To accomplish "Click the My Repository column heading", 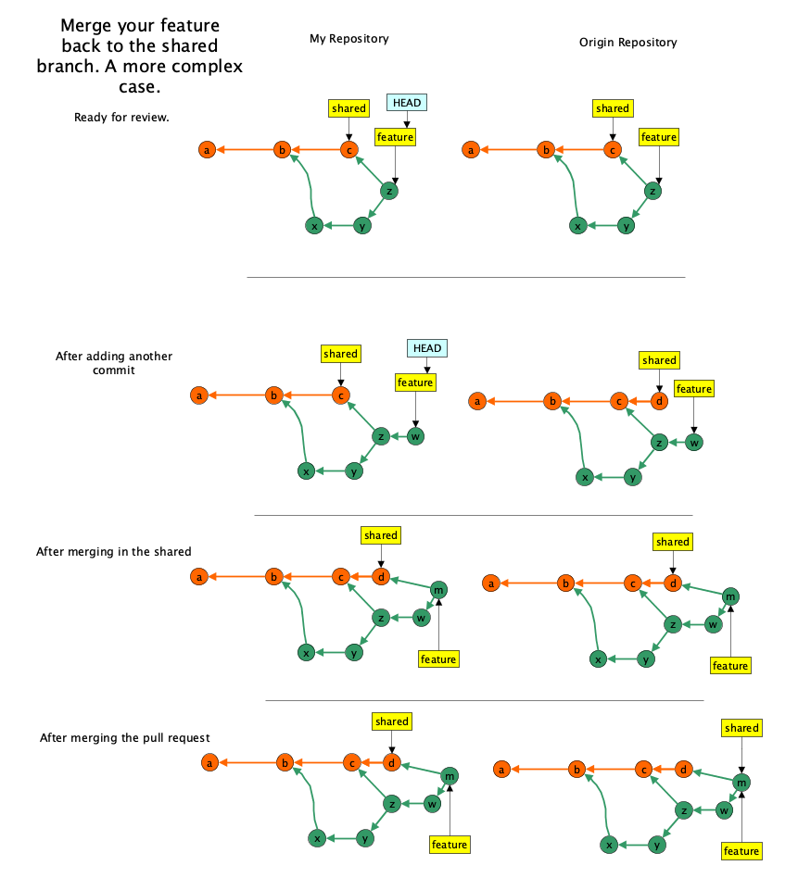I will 348,39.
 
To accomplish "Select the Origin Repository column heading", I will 627,43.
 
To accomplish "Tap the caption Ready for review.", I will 121,118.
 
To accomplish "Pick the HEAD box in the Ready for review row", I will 407,103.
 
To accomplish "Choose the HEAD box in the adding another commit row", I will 427,348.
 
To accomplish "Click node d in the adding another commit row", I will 659,401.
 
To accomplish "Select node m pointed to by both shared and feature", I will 741,783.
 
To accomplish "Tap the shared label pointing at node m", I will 741,729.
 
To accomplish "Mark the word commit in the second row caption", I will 114,370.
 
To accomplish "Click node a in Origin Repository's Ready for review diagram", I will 471,149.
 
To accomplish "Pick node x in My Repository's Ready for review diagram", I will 314,226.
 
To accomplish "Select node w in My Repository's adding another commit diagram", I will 415,436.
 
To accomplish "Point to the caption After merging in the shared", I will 113,552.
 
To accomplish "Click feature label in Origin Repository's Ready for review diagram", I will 659,137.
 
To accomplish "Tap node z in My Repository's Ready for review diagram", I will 389,191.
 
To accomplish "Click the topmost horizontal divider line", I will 465,277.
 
